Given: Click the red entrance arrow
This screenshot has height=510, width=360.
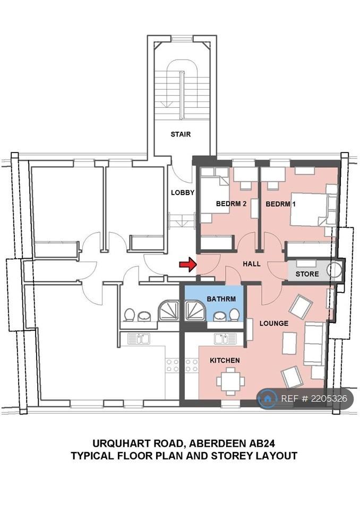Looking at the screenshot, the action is coord(188,265).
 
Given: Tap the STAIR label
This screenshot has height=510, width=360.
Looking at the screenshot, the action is coord(181,134).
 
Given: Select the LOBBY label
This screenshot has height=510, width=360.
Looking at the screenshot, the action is coord(183,192).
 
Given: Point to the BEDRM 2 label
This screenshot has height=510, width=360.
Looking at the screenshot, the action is coord(231,204).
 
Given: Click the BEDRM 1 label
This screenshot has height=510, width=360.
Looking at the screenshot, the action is coord(280,204).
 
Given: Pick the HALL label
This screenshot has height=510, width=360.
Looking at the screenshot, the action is coord(251,264).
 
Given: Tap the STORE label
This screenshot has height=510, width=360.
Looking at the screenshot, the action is coord(307,274).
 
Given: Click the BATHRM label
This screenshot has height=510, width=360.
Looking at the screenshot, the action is coord(221,299).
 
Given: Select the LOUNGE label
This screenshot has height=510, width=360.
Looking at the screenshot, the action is coord(274,324).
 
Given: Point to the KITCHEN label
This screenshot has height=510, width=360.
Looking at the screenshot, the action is coord(225,360).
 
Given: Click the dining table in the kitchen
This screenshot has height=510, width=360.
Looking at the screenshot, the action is coord(230,381).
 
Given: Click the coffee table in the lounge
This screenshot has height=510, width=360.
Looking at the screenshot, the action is coord(289,343).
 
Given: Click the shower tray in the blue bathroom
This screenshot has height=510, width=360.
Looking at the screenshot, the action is coord(195,311).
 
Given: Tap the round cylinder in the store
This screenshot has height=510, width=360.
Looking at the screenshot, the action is coord(335,270).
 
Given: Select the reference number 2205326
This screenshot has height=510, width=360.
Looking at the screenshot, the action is coord(329,398).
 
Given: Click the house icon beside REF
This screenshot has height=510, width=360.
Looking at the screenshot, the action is coord(267,398).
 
